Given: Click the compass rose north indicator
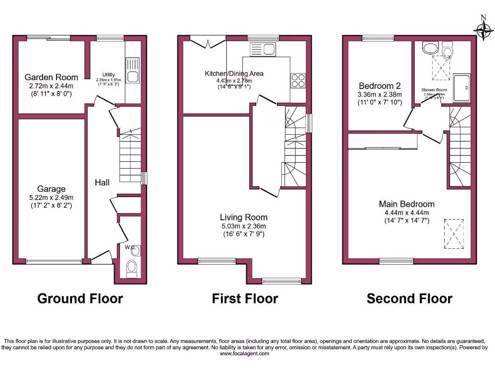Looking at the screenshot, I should point(483,27).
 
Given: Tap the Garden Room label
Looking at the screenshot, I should point(51,77).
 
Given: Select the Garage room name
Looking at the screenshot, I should point(51,189).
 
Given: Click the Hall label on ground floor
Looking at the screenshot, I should point(102,182).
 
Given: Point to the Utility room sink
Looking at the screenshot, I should point(132,71).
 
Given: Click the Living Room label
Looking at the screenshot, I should point(243,217).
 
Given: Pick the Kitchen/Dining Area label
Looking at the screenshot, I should point(234,73).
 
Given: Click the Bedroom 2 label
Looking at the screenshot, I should point(379,86).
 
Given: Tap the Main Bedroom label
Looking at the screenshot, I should point(406,204).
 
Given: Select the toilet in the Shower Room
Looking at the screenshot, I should point(447,50).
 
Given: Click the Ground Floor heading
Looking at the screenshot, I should point(80,299).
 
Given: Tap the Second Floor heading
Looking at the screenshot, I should point(409,299).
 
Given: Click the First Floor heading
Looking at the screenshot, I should point(245,299).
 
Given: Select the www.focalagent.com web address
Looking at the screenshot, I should point(245,354).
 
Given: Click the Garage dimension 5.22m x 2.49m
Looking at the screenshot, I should point(51,197).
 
